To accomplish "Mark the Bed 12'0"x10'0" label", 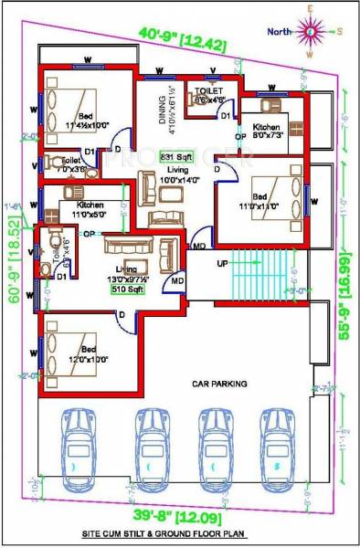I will tap(88, 353).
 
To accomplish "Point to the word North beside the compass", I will tap(281, 31).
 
